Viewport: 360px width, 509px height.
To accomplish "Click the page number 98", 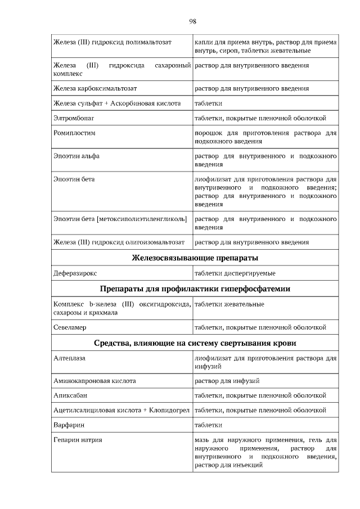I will (x=192, y=21).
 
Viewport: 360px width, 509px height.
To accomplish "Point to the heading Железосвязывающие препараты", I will (x=195, y=258).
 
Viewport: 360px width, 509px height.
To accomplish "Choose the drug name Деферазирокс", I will (x=75, y=273).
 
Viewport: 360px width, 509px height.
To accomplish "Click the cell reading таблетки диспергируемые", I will (x=235, y=273).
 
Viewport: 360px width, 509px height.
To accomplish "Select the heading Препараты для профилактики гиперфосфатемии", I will (x=195, y=289).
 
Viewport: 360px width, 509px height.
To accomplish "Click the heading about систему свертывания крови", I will (x=195, y=343).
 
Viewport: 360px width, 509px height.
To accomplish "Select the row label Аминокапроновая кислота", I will (x=94, y=381).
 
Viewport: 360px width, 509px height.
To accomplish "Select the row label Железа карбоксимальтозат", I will (x=95, y=89).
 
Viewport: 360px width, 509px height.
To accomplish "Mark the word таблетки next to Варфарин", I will (x=208, y=425).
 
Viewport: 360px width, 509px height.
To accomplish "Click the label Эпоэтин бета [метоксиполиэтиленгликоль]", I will (x=120, y=218).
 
